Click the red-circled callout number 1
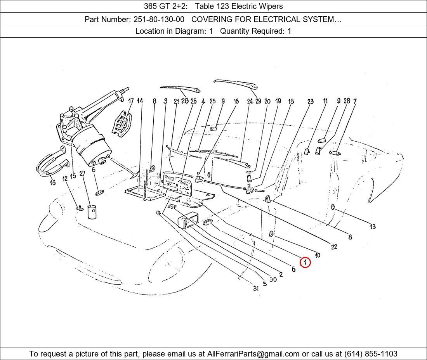[305, 263]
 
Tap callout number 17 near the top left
[131, 101]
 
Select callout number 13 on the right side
[373, 227]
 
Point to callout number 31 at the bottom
[255, 288]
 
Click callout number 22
[334, 247]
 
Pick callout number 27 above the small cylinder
[82, 173]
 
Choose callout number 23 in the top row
[310, 102]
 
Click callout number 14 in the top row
[140, 101]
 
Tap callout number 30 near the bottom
[273, 279]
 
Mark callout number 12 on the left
[64, 178]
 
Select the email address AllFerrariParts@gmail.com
[253, 354]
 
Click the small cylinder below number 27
[92, 212]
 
